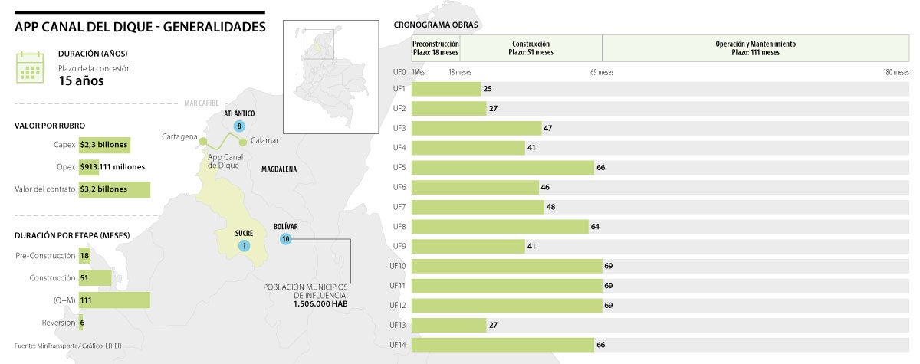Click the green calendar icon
(30, 67)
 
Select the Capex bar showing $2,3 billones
(103, 144)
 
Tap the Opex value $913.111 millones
(112, 166)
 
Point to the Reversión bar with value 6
(82, 323)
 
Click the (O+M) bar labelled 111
(113, 300)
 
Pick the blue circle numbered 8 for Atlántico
(240, 126)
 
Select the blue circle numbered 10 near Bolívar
(285, 239)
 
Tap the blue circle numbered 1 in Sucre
(244, 246)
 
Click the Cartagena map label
(178, 137)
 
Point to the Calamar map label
(264, 141)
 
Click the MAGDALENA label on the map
(279, 169)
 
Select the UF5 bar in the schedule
(503, 167)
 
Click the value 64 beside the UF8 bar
(595, 227)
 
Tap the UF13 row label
(399, 325)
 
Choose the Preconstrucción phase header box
(435, 48)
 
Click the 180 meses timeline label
(895, 72)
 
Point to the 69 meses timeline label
(602, 72)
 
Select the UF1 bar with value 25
(446, 89)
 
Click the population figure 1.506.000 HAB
(320, 304)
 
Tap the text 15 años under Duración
(81, 81)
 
